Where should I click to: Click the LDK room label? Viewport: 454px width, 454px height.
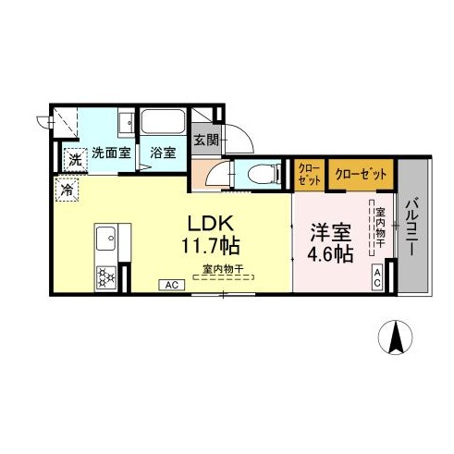[211, 224]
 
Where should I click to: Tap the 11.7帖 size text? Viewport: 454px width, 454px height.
[211, 246]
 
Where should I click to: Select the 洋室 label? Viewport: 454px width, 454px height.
[331, 233]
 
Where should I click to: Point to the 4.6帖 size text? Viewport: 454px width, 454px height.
[330, 254]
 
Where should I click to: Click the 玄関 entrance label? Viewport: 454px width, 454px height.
[206, 141]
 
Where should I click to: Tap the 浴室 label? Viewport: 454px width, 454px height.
[163, 153]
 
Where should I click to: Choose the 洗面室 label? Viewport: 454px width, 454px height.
[112, 153]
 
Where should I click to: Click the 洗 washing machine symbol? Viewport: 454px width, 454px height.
[75, 160]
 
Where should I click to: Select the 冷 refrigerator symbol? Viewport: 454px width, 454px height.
[67, 190]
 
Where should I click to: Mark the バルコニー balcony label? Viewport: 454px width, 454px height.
[411, 227]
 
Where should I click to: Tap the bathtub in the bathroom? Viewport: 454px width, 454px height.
[163, 121]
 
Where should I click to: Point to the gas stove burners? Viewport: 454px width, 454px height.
[106, 277]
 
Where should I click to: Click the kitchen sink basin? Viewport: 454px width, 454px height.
[105, 239]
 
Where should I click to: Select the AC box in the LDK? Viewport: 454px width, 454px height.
[172, 285]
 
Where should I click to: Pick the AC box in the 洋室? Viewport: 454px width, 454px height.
[377, 277]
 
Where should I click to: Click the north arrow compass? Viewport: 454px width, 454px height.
[396, 337]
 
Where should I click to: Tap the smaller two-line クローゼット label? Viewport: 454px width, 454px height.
[310, 174]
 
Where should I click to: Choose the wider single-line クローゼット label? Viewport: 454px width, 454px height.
[361, 175]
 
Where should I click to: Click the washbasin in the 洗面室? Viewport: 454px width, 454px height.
[127, 122]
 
